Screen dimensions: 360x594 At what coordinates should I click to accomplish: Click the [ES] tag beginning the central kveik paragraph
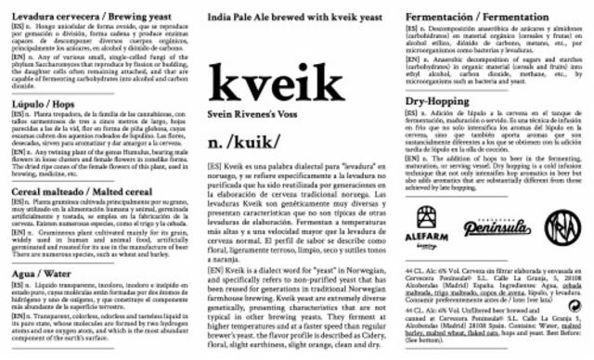pyautogui.click(x=216, y=164)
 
